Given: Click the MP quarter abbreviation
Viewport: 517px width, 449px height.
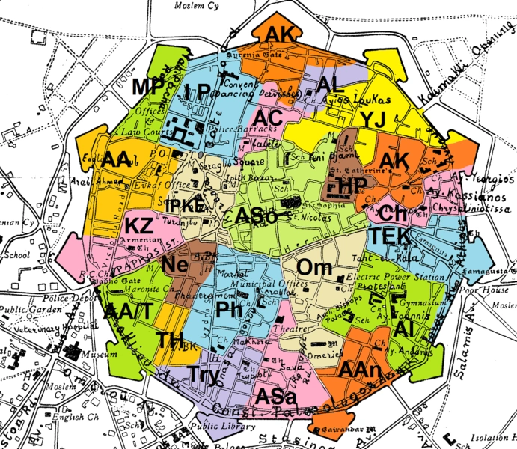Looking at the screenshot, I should coord(148,88).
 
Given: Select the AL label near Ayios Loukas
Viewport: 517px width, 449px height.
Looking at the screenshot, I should coord(329,85).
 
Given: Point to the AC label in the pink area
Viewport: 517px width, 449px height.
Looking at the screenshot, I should coord(267,118).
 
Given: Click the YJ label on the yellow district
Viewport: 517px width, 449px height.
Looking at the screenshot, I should coord(372,120).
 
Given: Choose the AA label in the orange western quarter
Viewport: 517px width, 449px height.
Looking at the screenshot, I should coord(117,160).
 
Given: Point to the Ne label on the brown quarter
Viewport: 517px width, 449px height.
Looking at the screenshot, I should coord(175,264).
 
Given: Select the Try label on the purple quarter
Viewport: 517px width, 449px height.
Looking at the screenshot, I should coord(204,374).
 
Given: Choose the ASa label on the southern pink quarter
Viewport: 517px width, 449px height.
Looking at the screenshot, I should coord(275,396).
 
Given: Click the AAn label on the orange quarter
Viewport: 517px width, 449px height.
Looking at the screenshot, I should coord(361,370).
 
